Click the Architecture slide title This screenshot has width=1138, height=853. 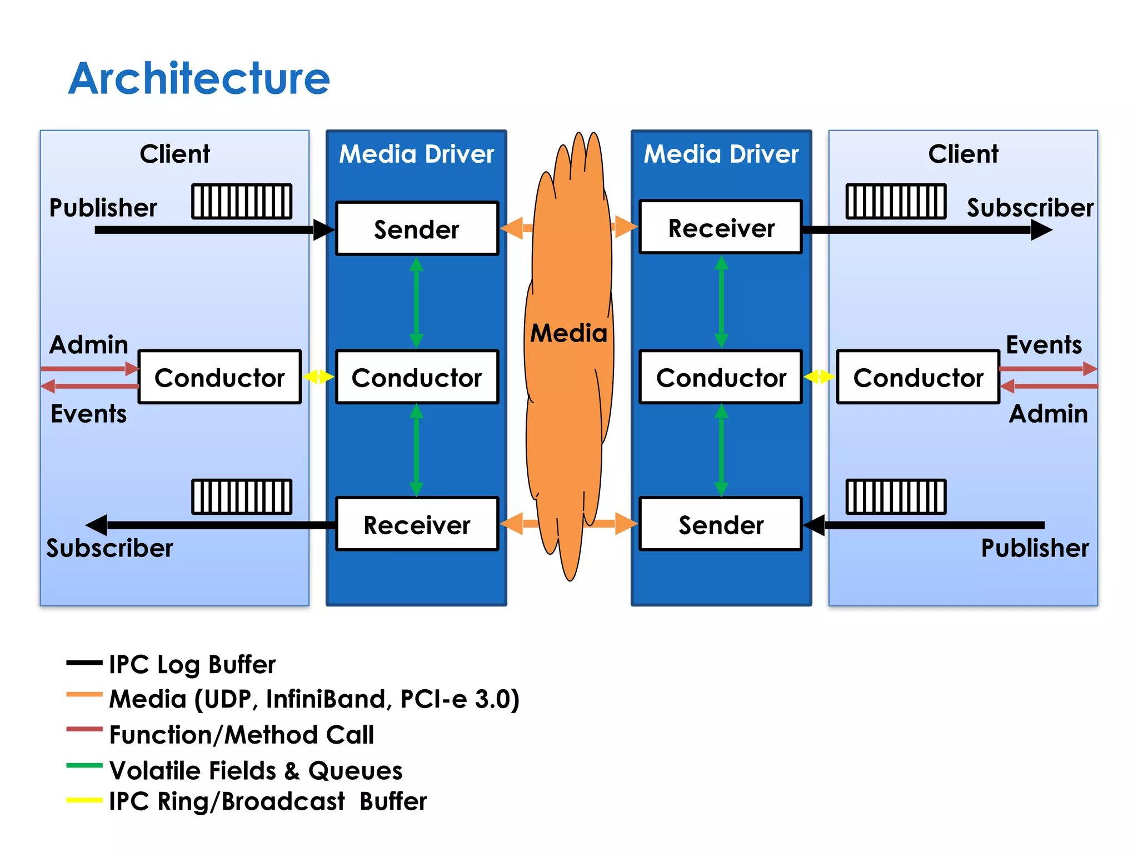click(x=199, y=78)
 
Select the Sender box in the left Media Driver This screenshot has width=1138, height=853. click(x=417, y=229)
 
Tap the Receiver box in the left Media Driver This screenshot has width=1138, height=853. click(x=417, y=524)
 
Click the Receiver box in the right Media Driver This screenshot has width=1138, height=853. click(x=721, y=228)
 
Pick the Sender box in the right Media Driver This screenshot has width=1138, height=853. click(x=721, y=524)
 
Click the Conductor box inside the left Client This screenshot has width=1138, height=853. click(x=219, y=377)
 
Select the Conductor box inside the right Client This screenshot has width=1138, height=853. click(x=918, y=377)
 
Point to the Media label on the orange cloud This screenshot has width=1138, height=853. click(x=568, y=333)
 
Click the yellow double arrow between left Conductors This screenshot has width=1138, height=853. click(x=318, y=377)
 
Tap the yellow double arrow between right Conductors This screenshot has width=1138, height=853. click(x=819, y=377)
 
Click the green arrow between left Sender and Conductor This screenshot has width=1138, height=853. click(x=416, y=303)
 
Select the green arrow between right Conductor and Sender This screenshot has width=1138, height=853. click(x=721, y=450)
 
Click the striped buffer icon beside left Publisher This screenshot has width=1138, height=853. click(x=242, y=201)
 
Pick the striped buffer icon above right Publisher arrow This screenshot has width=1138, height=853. click(x=896, y=496)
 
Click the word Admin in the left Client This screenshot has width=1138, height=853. click(x=89, y=345)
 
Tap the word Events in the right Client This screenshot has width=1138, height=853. click(x=1044, y=345)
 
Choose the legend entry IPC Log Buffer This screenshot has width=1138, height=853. click(x=192, y=664)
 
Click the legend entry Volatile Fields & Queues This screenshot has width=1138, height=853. click(x=256, y=770)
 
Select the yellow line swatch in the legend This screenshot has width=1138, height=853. click(x=84, y=800)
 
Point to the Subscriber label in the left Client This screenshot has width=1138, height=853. click(x=109, y=548)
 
